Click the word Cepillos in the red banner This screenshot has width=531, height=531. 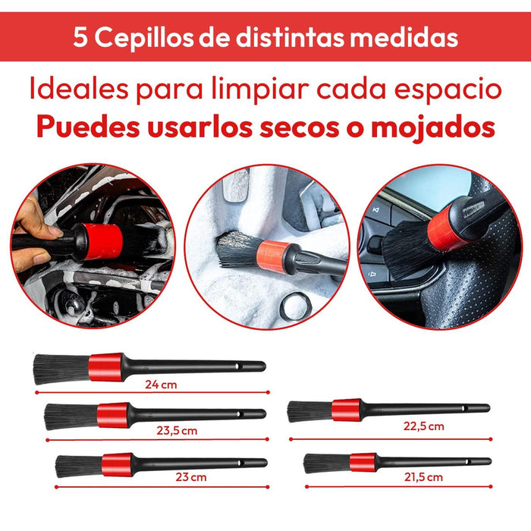point(143,38)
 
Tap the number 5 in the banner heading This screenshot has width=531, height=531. point(80,37)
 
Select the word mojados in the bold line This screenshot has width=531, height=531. point(433,129)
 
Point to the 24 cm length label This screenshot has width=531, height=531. point(161,385)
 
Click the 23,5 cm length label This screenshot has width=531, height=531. point(177,431)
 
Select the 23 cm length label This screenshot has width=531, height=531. point(190,477)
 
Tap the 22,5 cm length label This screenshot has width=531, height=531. point(423,426)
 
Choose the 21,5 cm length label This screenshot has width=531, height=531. point(423,477)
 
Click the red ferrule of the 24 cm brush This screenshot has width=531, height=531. point(105,367)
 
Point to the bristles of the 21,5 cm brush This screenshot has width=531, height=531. point(326,463)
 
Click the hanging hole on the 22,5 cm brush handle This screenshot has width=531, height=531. point(464,409)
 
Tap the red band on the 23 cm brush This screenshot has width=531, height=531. point(117,464)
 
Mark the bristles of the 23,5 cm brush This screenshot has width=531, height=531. point(71,416)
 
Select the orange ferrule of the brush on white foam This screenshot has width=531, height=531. point(272,255)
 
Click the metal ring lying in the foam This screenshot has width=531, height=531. point(295,306)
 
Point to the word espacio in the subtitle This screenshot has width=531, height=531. point(448,91)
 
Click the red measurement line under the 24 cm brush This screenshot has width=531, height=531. point(152,392)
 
